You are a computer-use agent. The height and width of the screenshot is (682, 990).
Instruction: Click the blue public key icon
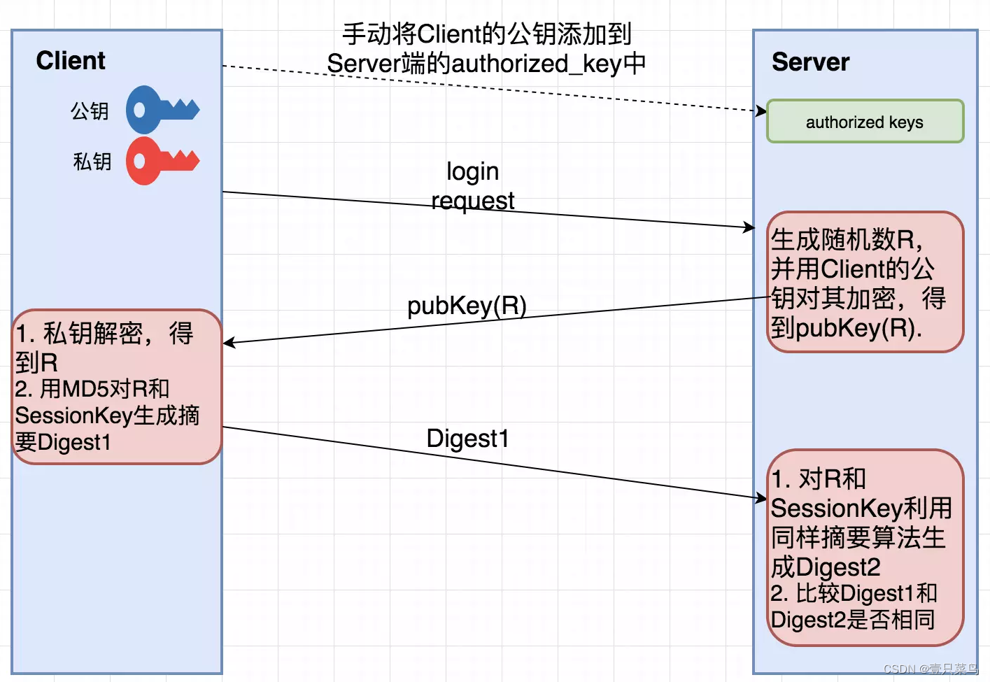point(161,110)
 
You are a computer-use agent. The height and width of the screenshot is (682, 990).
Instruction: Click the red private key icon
point(161,161)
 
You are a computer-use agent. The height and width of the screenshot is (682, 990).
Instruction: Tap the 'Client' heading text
point(71,61)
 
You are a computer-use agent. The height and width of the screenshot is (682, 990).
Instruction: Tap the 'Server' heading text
point(810,62)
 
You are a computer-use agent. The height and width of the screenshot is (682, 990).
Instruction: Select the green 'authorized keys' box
point(865,122)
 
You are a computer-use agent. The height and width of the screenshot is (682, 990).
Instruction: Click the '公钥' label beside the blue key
point(90,111)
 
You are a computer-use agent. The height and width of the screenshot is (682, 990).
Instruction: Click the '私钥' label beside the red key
point(92,162)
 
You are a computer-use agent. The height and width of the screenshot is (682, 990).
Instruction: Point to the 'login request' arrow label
point(473,186)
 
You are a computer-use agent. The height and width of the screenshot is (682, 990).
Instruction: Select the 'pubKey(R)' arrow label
point(467,306)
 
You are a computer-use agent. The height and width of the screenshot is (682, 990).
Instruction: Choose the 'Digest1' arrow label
point(467,439)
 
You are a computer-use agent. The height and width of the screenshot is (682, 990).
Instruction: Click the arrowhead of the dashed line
point(761,111)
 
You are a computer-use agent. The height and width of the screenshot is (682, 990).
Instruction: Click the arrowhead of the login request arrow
point(749,227)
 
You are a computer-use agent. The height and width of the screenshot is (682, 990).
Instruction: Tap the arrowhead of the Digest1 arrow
point(761,497)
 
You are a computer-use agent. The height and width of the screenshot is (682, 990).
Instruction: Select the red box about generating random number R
point(865,282)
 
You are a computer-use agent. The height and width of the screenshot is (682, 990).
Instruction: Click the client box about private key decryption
point(117,386)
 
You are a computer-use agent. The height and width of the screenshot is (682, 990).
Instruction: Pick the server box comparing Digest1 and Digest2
point(865,548)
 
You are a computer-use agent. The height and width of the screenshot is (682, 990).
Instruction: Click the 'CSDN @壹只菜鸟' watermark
point(930,669)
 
